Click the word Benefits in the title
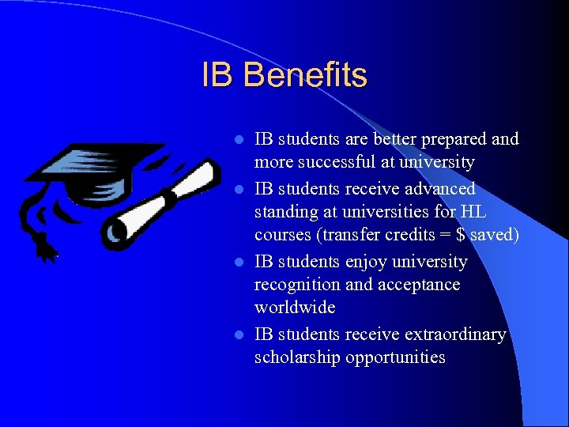tap(305, 76)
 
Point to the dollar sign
tap(461, 236)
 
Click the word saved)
tap(495, 236)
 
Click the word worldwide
tap(295, 307)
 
